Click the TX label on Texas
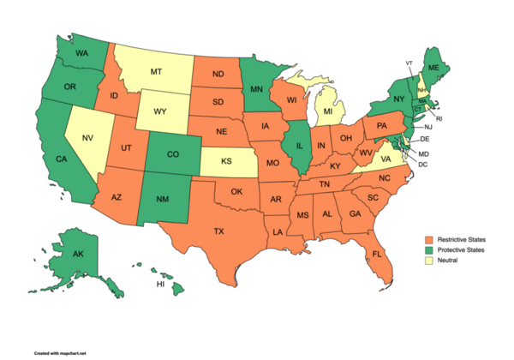[x=218, y=231]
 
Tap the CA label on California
[x=62, y=159]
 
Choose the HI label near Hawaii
[x=159, y=284]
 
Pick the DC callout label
[x=422, y=164]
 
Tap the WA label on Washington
[x=83, y=53]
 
